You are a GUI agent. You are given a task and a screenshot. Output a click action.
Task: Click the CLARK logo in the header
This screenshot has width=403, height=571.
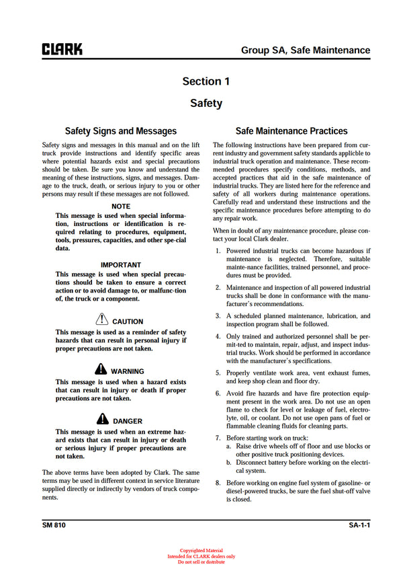coord(62,50)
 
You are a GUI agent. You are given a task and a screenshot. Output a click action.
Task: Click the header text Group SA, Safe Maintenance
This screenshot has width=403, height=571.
coord(306,50)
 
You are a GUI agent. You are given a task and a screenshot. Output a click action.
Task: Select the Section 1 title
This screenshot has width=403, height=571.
coord(206,81)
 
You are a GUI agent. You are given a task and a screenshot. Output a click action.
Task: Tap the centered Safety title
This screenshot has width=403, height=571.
coord(206,104)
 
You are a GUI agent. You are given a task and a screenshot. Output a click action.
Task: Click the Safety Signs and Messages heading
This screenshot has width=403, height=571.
coord(121,131)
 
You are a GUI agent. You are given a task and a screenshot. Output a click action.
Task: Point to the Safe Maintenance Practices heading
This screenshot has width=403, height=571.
coord(292,131)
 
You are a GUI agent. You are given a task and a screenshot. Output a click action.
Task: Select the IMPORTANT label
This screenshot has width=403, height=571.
coord(121,265)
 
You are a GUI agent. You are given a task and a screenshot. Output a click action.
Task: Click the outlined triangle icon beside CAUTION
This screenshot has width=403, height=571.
coord(101,320)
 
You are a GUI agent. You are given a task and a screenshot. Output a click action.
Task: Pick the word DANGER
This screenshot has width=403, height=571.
coord(128,422)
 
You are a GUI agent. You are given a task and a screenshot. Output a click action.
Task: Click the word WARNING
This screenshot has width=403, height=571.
coord(127,371)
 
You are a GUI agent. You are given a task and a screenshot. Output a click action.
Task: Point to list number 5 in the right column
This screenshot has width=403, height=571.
coord(218,373)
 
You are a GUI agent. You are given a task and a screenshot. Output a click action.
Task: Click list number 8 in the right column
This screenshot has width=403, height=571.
coord(218,483)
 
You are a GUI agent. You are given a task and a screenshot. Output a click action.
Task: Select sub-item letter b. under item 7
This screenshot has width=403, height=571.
coord(229,463)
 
